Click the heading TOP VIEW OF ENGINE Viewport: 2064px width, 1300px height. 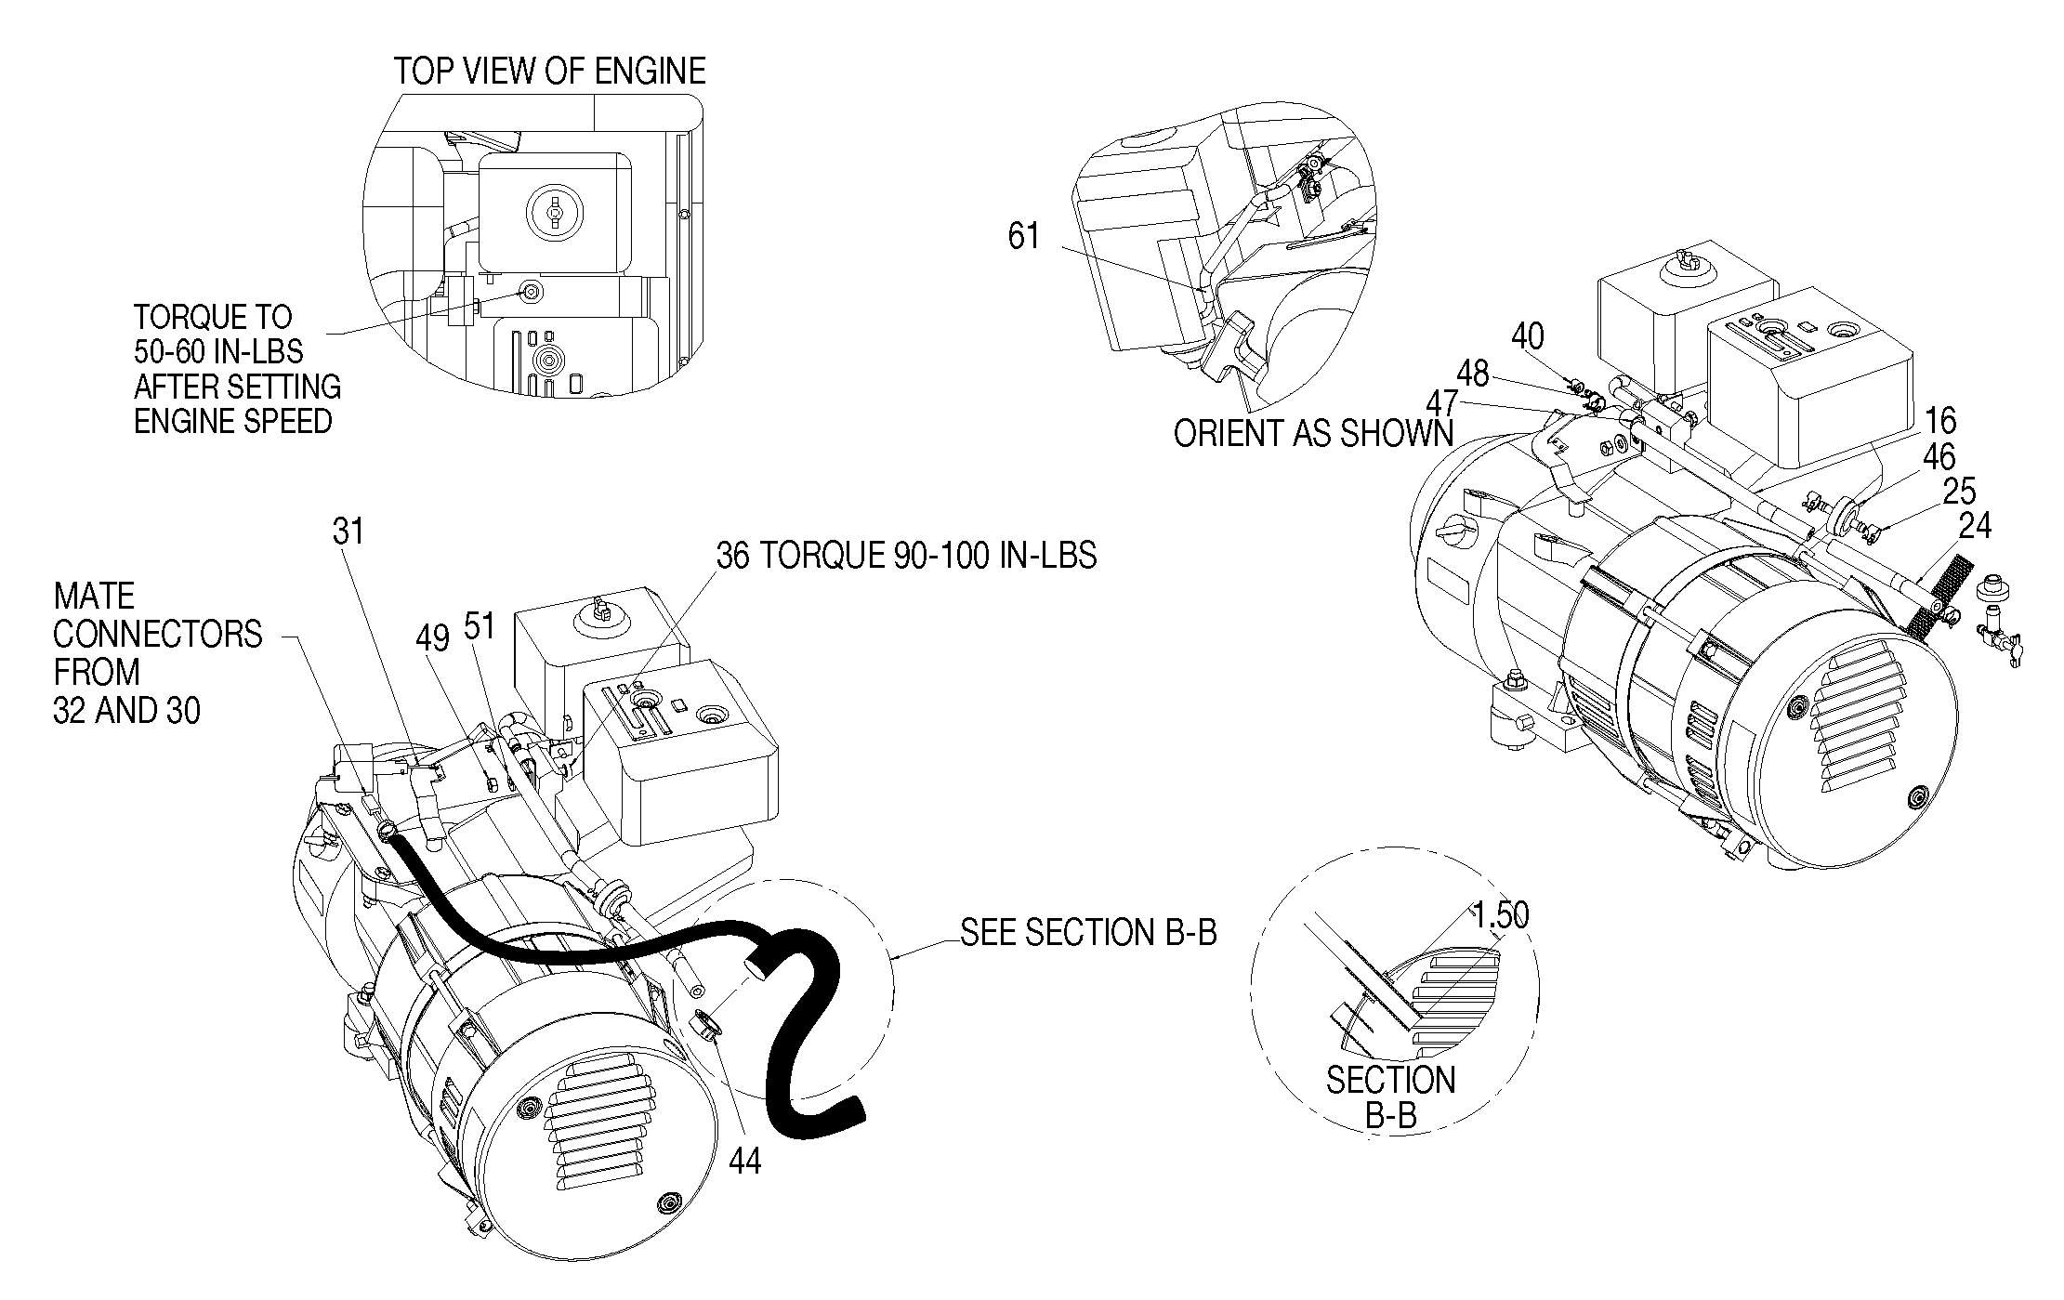tap(549, 72)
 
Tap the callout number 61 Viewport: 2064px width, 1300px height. tap(1023, 236)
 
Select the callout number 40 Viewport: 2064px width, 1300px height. tap(1528, 336)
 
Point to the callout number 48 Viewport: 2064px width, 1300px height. tap(1473, 374)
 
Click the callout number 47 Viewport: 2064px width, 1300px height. tap(1442, 402)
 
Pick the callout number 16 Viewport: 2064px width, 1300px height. tap(1940, 421)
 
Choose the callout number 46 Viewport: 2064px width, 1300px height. tap(1939, 456)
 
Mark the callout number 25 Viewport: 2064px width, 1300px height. tap(1959, 492)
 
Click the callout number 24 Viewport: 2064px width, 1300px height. tap(1975, 527)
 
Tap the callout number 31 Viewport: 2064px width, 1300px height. tap(348, 532)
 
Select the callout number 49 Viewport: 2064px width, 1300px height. tap(433, 637)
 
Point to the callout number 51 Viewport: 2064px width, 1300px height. tap(480, 626)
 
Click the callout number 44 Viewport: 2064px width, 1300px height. tap(745, 1161)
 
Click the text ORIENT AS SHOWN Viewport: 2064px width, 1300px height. tap(1313, 434)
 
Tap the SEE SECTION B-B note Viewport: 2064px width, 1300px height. tap(1088, 932)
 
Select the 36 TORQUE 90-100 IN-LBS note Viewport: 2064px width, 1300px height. tap(906, 556)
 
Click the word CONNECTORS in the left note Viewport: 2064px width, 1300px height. tap(158, 635)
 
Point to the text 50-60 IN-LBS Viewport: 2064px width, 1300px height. tap(218, 352)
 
